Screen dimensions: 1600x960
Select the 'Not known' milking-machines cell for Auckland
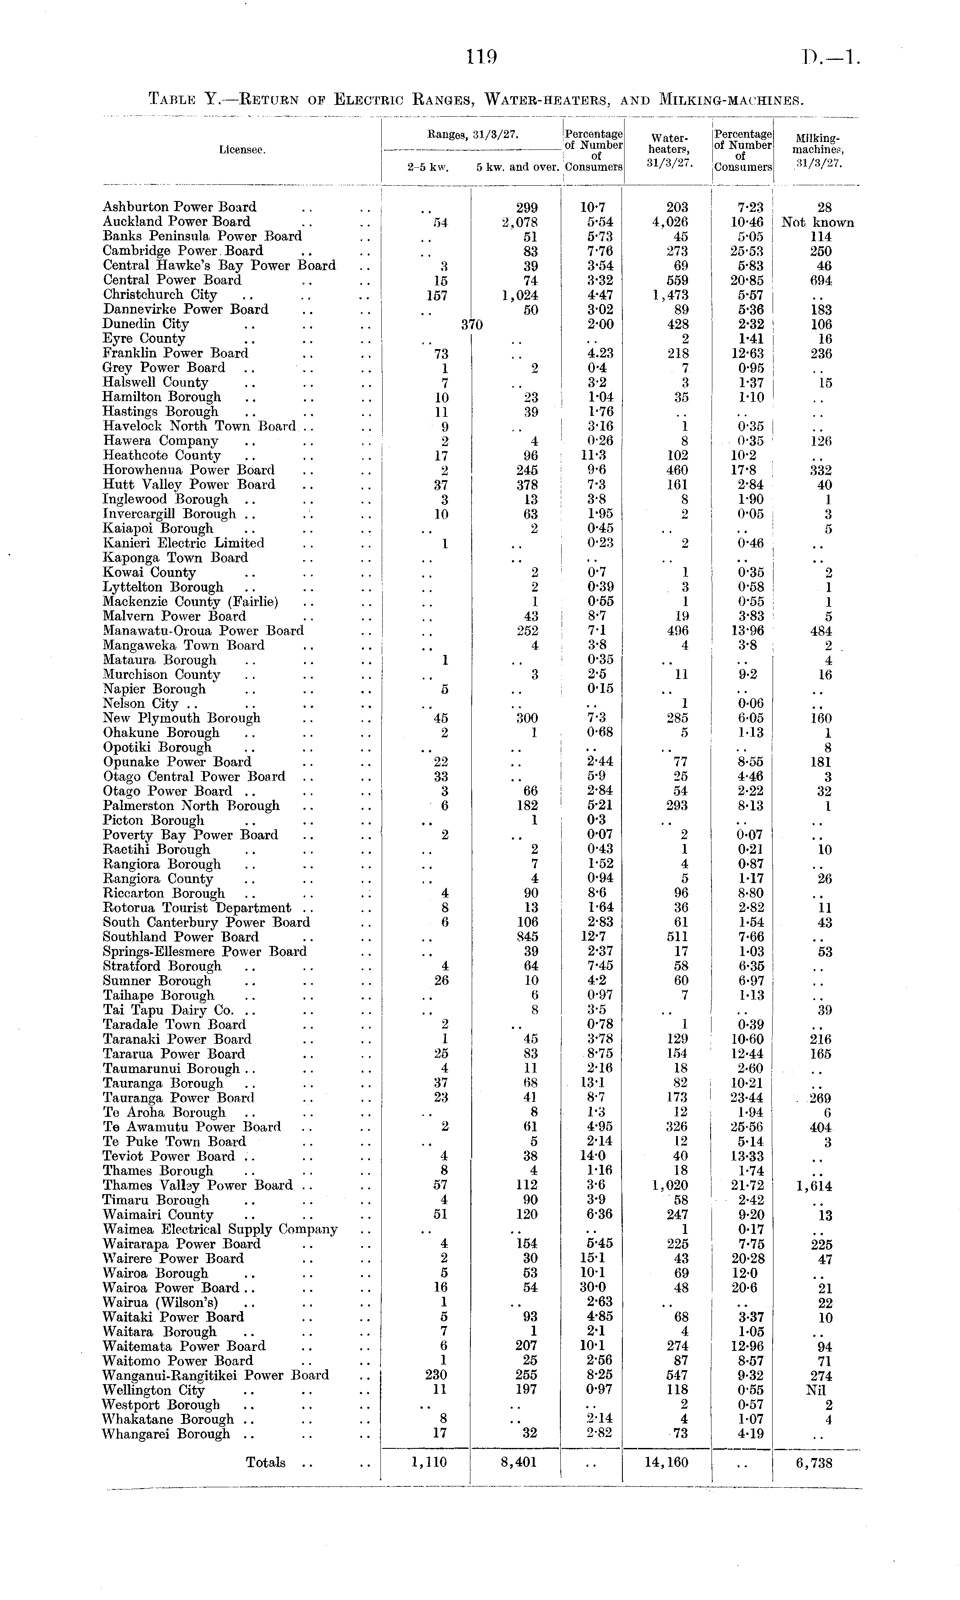pyautogui.click(x=817, y=222)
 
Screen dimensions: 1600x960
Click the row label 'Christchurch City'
pyautogui.click(x=160, y=295)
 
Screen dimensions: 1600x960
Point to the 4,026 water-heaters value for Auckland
pyautogui.click(x=666, y=222)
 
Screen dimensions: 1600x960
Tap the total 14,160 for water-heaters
pyautogui.click(x=666, y=1463)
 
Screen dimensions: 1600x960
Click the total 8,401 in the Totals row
pyautogui.click(x=519, y=1463)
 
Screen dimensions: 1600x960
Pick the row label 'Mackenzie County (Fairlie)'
pyautogui.click(x=190, y=602)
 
